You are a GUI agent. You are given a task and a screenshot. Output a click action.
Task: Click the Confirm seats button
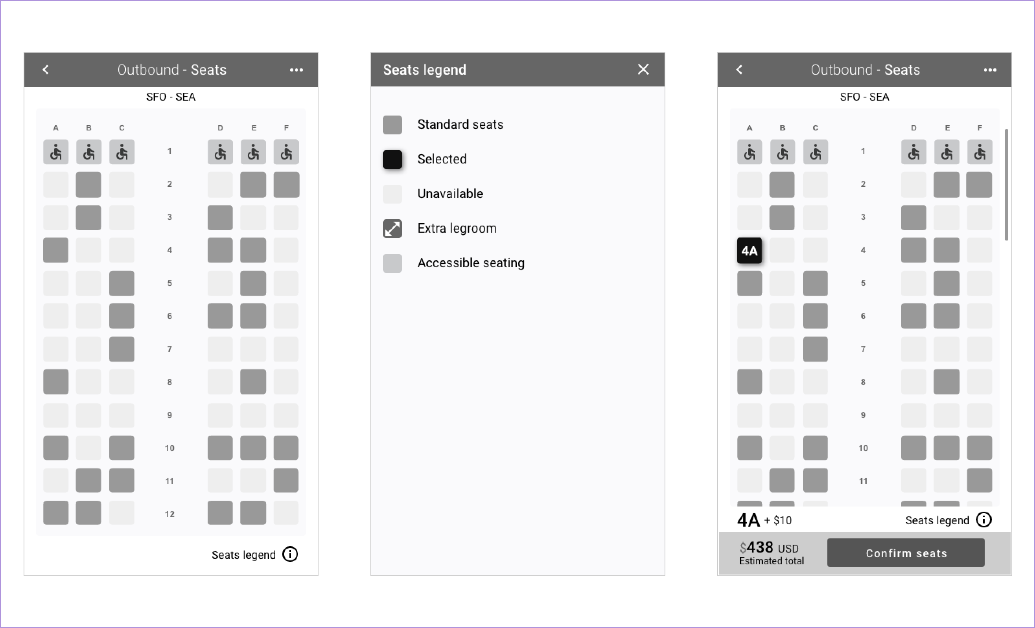pos(906,553)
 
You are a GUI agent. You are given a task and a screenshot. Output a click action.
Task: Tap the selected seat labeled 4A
pos(750,251)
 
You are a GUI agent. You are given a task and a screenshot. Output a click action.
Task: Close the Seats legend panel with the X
pos(643,69)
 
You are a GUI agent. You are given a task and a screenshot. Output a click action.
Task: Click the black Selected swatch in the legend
pos(392,159)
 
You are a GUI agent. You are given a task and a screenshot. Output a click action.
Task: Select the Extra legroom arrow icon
pos(392,229)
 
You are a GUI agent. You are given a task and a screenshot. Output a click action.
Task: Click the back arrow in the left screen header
pos(46,69)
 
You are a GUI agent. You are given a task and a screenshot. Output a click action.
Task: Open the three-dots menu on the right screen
pos(990,70)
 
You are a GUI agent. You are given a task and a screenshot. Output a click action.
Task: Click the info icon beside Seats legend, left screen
pos(290,555)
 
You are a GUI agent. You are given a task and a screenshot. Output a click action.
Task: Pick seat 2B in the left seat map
pos(88,185)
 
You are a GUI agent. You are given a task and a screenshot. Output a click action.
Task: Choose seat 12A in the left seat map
pos(56,512)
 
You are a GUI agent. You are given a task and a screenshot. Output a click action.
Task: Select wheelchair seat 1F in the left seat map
pos(286,152)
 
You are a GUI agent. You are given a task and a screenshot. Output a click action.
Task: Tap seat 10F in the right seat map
pos(980,448)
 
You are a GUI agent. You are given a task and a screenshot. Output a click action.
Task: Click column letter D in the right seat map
pos(913,128)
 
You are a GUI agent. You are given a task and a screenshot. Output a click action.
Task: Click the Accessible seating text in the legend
pos(471,263)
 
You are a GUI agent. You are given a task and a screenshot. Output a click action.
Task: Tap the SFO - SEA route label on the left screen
pos(171,97)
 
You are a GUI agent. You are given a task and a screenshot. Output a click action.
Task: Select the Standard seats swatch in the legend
pos(392,125)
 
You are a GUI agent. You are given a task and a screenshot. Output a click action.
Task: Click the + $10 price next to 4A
pos(777,521)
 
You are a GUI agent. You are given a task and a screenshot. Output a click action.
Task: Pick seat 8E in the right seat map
pos(947,382)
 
